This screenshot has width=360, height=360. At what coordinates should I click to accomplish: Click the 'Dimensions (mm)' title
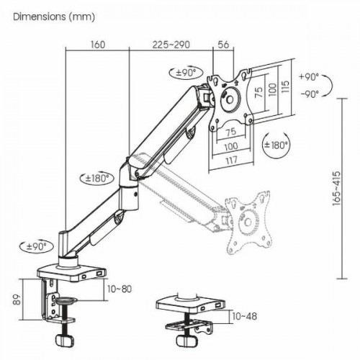tap(54, 17)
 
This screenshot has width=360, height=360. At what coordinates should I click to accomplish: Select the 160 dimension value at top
tap(98, 45)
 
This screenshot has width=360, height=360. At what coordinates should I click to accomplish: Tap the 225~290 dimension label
tap(171, 45)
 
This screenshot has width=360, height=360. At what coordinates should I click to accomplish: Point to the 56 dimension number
tap(223, 45)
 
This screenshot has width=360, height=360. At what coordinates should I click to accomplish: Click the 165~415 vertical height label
tap(336, 189)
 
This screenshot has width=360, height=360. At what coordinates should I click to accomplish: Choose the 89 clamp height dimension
tap(17, 300)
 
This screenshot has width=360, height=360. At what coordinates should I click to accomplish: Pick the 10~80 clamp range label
tap(120, 289)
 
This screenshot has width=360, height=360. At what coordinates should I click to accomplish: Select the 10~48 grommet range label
tap(245, 316)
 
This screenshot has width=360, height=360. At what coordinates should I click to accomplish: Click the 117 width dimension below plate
tap(231, 160)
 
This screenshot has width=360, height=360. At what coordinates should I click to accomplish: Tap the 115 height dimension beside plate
tap(285, 86)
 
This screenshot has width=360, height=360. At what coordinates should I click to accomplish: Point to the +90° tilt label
tap(310, 77)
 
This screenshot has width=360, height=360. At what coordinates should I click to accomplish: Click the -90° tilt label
tap(310, 94)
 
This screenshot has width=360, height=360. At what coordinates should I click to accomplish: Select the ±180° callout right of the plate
tap(276, 145)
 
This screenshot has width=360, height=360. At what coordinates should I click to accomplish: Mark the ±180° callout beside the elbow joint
tap(96, 178)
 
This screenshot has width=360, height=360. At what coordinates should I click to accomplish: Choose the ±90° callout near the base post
tap(37, 246)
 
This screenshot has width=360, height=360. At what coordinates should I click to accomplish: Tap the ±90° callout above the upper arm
tap(186, 72)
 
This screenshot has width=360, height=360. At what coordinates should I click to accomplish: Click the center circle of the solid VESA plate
tap(230, 99)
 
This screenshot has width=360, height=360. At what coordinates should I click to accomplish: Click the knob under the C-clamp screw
tap(64, 341)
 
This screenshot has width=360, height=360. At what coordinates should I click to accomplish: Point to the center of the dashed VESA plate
tap(248, 222)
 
